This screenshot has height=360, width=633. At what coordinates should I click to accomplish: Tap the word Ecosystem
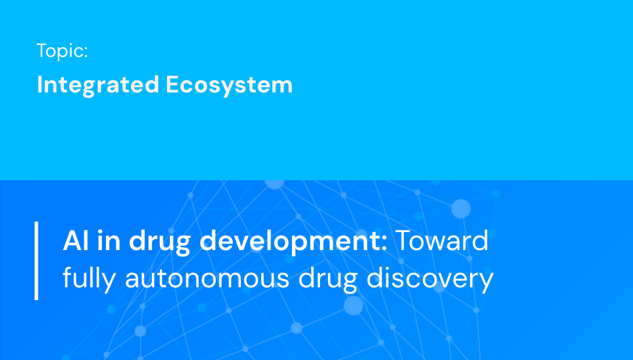pyautogui.click(x=229, y=85)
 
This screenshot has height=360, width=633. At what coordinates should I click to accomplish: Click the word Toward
pyautogui.click(x=442, y=241)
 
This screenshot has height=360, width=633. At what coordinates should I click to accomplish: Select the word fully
pyautogui.click(x=90, y=279)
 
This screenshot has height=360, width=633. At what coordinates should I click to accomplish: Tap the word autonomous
pyautogui.click(x=207, y=279)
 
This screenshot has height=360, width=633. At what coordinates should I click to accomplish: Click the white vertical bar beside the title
pyautogui.click(x=37, y=261)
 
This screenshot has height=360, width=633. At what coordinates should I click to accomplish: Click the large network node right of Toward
pyautogui.click(x=461, y=208)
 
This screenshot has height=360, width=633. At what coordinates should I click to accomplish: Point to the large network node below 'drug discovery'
pyautogui.click(x=353, y=305)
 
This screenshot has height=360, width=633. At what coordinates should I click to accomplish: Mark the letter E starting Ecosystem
pyautogui.click(x=172, y=85)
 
